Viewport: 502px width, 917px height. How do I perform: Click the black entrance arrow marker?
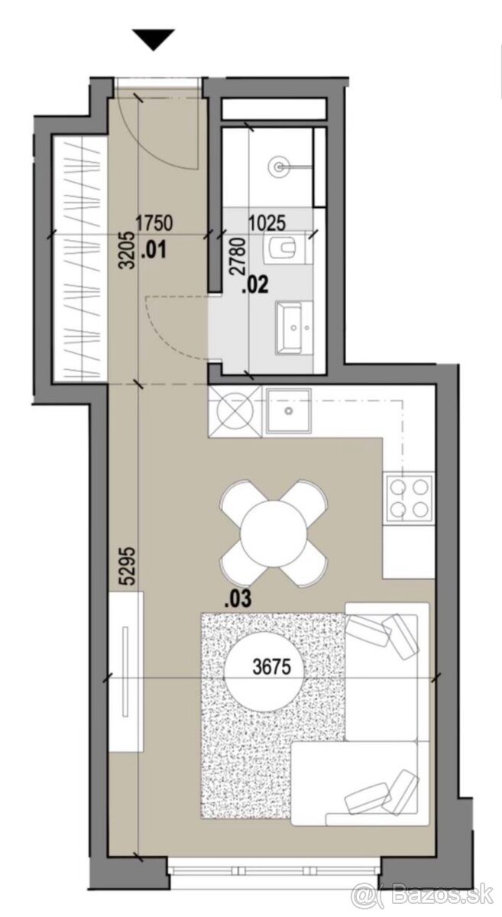click(154, 40)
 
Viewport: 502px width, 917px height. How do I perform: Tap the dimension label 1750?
click(154, 223)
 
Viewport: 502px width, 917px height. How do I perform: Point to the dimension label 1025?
click(267, 223)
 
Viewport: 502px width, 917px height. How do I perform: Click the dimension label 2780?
click(238, 256)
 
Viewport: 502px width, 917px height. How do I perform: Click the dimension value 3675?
click(272, 667)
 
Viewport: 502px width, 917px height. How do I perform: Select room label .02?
click(255, 284)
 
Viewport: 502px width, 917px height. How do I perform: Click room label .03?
click(238, 599)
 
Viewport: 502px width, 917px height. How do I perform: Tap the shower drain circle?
click(279, 167)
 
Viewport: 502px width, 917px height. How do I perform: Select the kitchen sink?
click(289, 410)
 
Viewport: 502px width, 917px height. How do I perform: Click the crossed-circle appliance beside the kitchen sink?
click(235, 412)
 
